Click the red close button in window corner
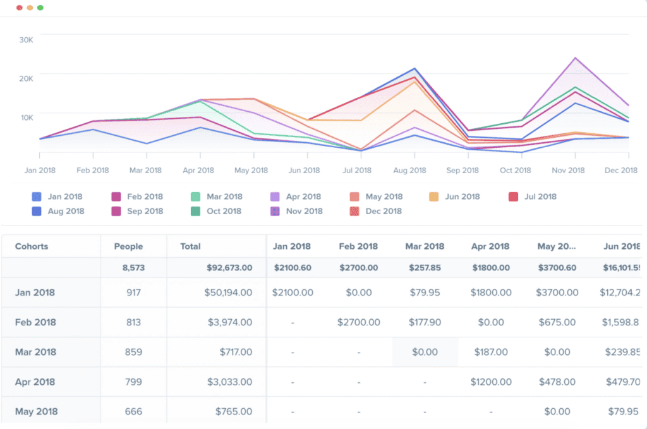(x=19, y=8)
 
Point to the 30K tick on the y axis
(x=26, y=39)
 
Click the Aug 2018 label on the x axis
(x=409, y=171)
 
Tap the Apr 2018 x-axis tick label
(x=198, y=171)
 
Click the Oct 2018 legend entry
(x=217, y=211)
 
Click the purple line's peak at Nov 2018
(x=575, y=58)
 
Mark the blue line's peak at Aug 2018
(x=415, y=68)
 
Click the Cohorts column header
(x=32, y=246)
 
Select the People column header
(x=128, y=246)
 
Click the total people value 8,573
(x=133, y=268)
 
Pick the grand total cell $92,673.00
(x=229, y=268)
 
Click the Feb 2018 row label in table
(x=35, y=322)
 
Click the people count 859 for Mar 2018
(x=133, y=352)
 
